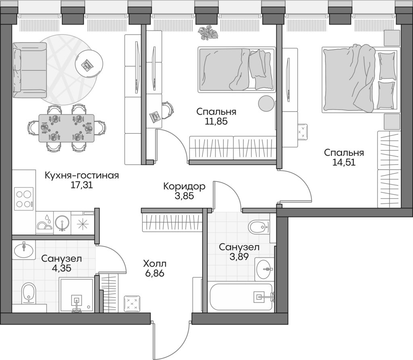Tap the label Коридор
[184, 186]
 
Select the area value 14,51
[344, 163]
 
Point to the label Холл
[154, 264]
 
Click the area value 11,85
[216, 121]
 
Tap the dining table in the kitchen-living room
[66, 128]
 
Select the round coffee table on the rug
[89, 64]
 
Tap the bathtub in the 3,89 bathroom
[241, 298]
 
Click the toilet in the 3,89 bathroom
[259, 227]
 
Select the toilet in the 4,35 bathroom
[29, 293]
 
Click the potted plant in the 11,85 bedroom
[208, 32]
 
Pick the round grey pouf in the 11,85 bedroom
[266, 103]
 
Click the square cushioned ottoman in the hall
[132, 303]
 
